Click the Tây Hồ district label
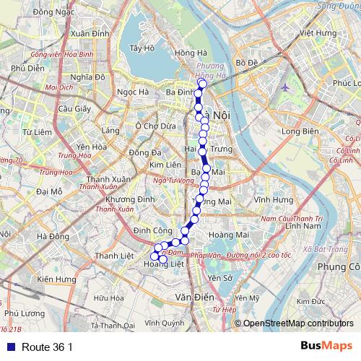[x=142, y=49]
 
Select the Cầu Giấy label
[x=73, y=109]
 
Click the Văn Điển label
[x=191, y=297]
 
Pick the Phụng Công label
[x=336, y=267]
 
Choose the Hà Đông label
[x=52, y=236]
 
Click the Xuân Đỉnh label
[x=90, y=34]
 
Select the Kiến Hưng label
[x=56, y=278]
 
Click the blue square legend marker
[x=8, y=347]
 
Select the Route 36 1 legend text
[x=47, y=347]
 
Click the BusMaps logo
[x=326, y=346]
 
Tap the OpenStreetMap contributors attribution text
[x=297, y=323]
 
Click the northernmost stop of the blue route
[x=203, y=84]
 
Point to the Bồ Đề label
[x=247, y=63]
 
